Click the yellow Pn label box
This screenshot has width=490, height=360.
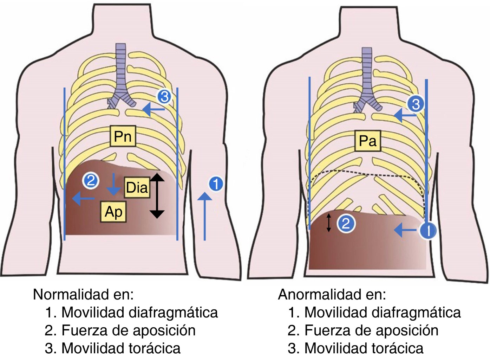(123, 136)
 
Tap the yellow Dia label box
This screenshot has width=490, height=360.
(137, 187)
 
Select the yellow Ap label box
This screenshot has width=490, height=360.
(113, 212)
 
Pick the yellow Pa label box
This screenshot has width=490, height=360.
(367, 141)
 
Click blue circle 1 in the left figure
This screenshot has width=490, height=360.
(216, 184)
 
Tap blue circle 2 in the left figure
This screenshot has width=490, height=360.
(91, 181)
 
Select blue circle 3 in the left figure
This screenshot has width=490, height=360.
(164, 96)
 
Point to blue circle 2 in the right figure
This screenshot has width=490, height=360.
(346, 224)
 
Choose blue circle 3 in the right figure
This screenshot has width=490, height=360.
(416, 104)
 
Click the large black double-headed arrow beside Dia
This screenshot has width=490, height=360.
(157, 195)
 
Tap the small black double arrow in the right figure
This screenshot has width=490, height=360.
(329, 223)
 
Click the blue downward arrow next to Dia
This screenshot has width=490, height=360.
(113, 184)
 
